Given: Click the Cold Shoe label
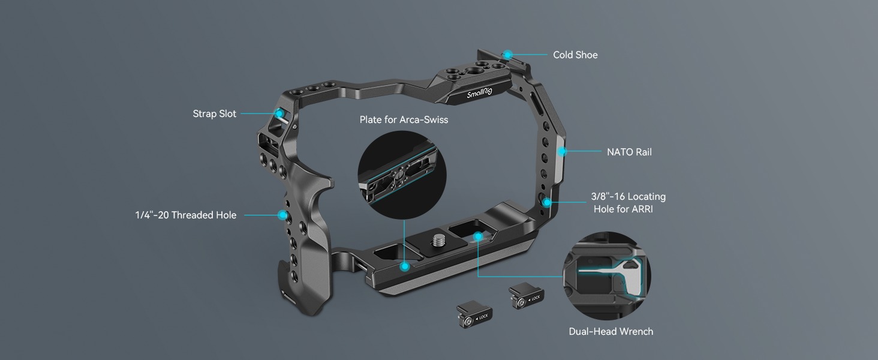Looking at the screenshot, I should pyautogui.click(x=575, y=55).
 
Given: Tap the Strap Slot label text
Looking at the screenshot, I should pyautogui.click(x=214, y=114).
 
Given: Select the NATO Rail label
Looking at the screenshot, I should pyautogui.click(x=629, y=152).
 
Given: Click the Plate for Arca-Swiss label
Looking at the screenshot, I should pyautogui.click(x=404, y=120).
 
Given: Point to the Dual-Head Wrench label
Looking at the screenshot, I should pyautogui.click(x=611, y=332).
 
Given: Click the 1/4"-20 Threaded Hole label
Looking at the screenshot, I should pyautogui.click(x=185, y=215).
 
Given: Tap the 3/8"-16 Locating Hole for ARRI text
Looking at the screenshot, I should pyautogui.click(x=629, y=203).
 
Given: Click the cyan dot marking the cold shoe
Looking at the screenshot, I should pyautogui.click(x=507, y=55).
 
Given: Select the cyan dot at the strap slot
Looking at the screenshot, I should pyautogui.click(x=279, y=113).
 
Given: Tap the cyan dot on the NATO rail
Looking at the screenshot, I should pyautogui.click(x=561, y=152).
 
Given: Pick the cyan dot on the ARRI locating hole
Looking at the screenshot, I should pyautogui.click(x=547, y=203).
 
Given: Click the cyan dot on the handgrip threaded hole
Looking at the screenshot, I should pyautogui.click(x=281, y=214).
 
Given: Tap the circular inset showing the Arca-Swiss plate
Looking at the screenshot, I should pyautogui.click(x=402, y=175).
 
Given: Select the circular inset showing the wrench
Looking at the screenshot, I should pyautogui.click(x=606, y=276).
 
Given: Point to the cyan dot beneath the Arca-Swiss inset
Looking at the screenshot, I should pyautogui.click(x=405, y=266).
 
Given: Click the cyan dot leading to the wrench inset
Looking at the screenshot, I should pyautogui.click(x=477, y=237).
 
